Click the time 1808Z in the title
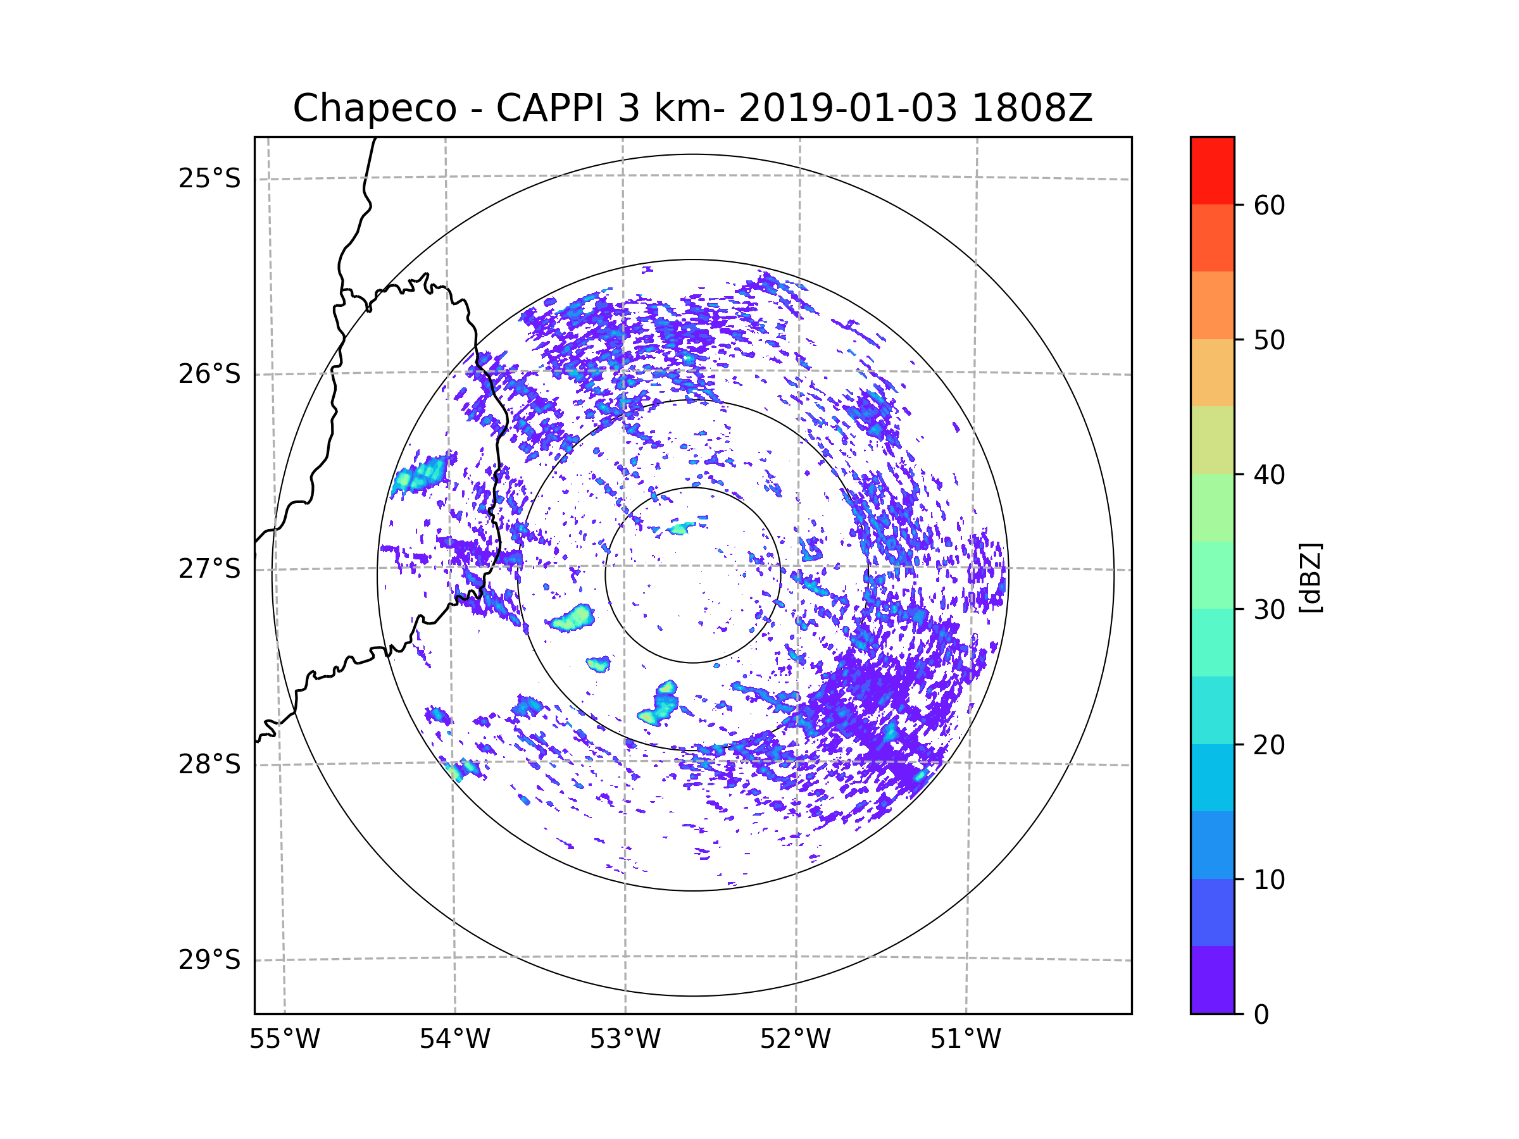pyautogui.click(x=1032, y=108)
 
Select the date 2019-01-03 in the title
pyautogui.click(x=847, y=108)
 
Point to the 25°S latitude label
pyautogui.click(x=209, y=178)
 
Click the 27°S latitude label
pyautogui.click(x=209, y=569)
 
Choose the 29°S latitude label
pyautogui.click(x=209, y=960)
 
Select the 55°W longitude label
pyautogui.click(x=284, y=1040)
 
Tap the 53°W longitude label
pyautogui.click(x=625, y=1040)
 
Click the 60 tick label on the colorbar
pyautogui.click(x=1269, y=205)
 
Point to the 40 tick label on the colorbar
pyautogui.click(x=1269, y=475)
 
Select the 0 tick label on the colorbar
pyautogui.click(x=1261, y=1015)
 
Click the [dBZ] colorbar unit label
pyautogui.click(x=1310, y=577)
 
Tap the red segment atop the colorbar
pyautogui.click(x=1213, y=171)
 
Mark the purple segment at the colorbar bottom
pyautogui.click(x=1213, y=980)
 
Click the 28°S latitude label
pyautogui.click(x=209, y=764)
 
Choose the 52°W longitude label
pyautogui.click(x=795, y=1040)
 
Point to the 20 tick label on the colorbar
pyautogui.click(x=1269, y=745)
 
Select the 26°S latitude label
pyautogui.click(x=209, y=374)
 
